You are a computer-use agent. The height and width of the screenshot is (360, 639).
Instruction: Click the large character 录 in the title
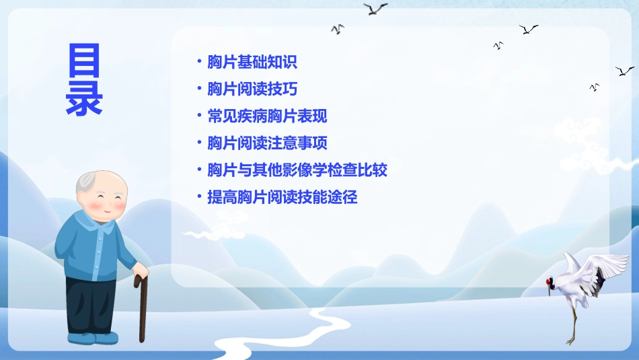tap(84, 98)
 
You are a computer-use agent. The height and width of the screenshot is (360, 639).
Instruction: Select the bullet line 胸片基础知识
tap(252, 63)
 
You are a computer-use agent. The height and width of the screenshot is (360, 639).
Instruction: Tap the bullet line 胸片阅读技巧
tap(252, 89)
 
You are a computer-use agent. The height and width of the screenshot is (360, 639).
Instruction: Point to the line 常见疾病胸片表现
tap(267, 116)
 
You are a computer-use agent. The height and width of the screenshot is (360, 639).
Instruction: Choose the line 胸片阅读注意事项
tap(267, 143)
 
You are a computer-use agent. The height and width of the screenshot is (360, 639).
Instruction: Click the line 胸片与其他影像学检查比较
tap(297, 170)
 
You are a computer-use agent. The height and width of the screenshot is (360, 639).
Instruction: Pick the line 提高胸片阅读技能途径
tap(283, 197)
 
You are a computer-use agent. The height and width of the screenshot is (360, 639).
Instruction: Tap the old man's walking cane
tap(143, 310)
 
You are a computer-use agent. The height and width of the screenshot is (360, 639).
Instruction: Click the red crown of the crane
tap(550, 281)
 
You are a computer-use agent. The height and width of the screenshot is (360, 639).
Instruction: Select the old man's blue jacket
tap(94, 246)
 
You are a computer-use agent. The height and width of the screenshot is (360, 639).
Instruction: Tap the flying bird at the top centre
tap(375, 9)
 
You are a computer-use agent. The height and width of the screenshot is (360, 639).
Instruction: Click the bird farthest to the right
tap(624, 71)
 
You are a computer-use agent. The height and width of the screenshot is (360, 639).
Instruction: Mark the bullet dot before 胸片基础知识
tap(198, 62)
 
